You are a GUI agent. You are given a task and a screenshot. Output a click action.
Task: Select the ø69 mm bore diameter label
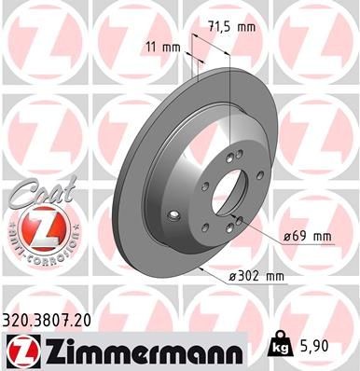pyautogui.click(x=308, y=236)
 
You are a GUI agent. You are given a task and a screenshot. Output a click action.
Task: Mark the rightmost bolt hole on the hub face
pyautogui.click(x=243, y=218)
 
